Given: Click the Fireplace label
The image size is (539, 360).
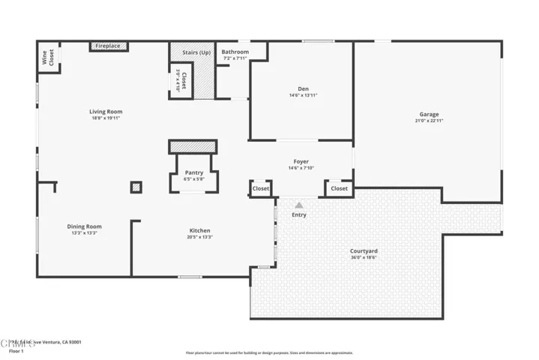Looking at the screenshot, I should [x=107, y=46].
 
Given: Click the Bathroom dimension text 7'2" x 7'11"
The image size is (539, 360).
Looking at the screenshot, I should [x=235, y=58].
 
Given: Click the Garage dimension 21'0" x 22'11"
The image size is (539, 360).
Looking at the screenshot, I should [x=429, y=121].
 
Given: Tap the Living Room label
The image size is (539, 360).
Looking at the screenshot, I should [x=106, y=112].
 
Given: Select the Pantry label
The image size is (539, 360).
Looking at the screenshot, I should [x=194, y=172].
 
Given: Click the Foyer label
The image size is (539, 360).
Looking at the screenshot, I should [x=301, y=161].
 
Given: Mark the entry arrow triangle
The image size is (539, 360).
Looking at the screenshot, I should [x=299, y=205].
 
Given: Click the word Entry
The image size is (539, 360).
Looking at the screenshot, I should [x=299, y=215].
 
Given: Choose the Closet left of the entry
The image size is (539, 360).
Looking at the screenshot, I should [x=261, y=189].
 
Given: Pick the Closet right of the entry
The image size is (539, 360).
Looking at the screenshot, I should [x=339, y=189].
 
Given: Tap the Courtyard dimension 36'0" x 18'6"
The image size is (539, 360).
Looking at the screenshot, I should [x=364, y=257].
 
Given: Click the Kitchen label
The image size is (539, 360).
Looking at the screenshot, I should [x=199, y=230].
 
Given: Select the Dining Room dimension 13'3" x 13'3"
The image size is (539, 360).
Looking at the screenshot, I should [x=85, y=233].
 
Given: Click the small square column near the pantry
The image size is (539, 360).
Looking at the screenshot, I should [x=136, y=187].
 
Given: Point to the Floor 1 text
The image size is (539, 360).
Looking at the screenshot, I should [x=16, y=350].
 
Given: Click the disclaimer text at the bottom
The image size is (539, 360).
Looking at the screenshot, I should [x=269, y=352].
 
